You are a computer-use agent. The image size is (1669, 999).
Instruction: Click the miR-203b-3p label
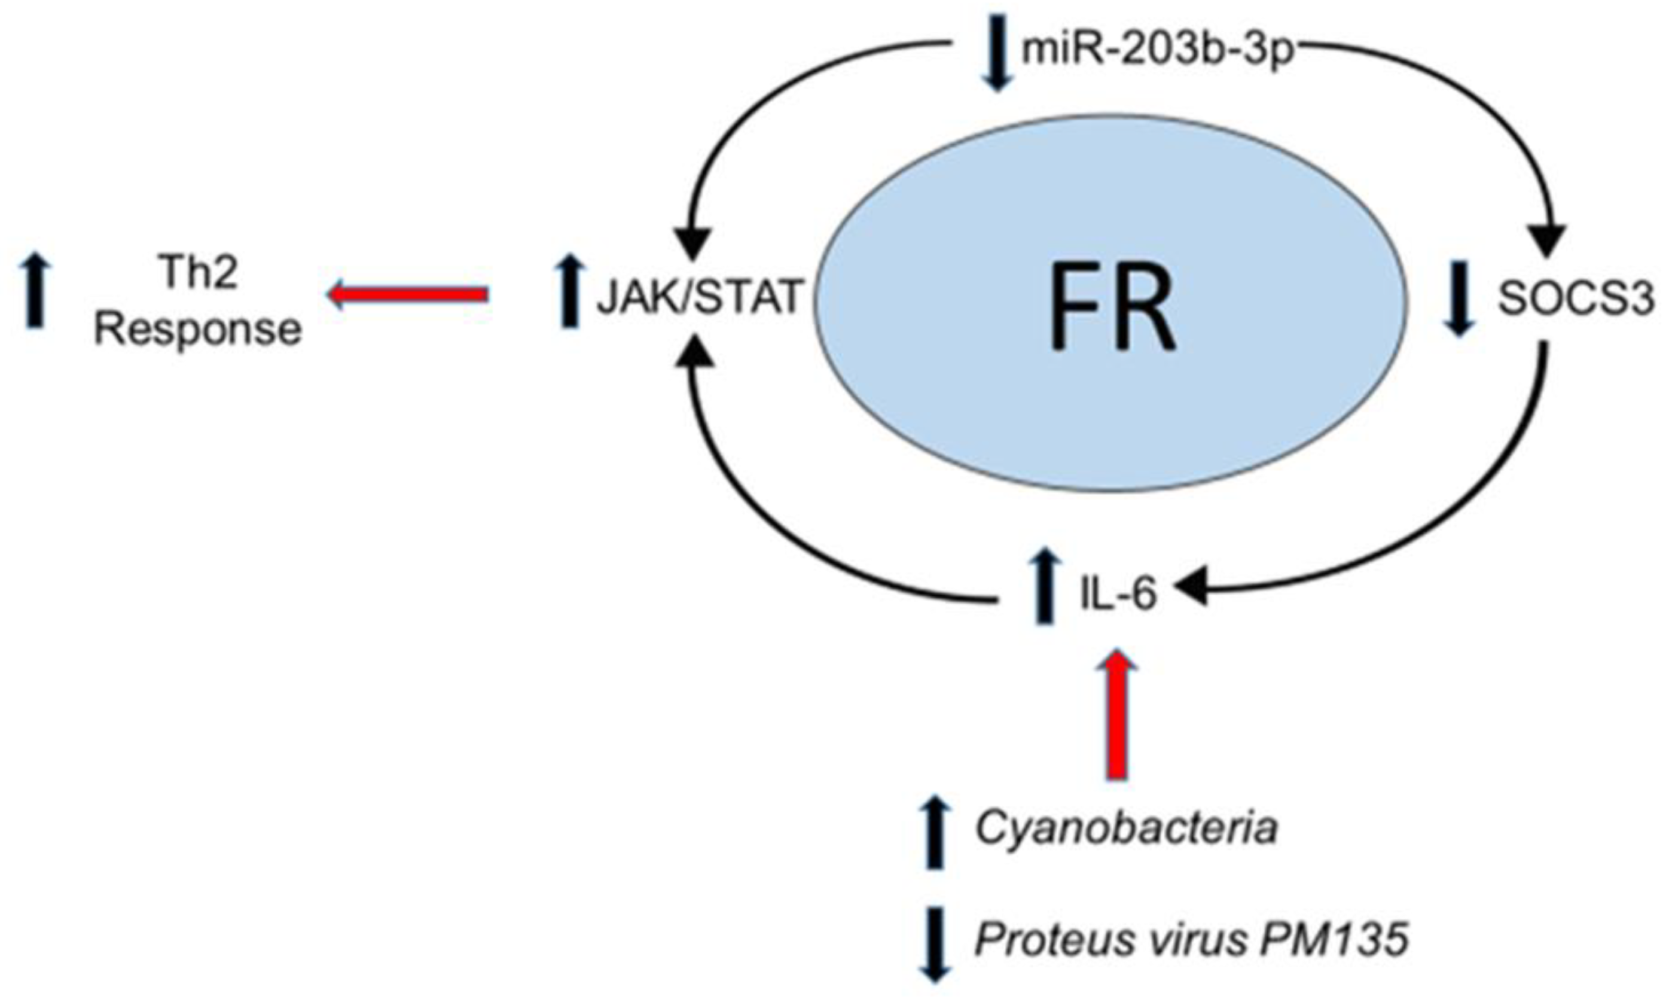coord(1157,50)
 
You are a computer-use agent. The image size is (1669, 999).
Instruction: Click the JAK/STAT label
coord(700,297)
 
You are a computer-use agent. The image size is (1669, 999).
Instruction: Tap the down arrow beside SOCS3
coord(1459,299)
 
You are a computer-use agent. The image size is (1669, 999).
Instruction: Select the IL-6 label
coord(1118,594)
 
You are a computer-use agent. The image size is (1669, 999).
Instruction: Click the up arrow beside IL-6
coord(1044,586)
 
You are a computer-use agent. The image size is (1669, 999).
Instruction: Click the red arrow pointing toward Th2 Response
coord(408,294)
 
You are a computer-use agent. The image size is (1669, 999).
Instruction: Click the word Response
coord(198,329)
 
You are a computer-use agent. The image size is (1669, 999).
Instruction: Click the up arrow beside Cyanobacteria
coord(935,832)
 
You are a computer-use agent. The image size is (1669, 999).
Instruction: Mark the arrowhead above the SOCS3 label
coord(1546,243)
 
